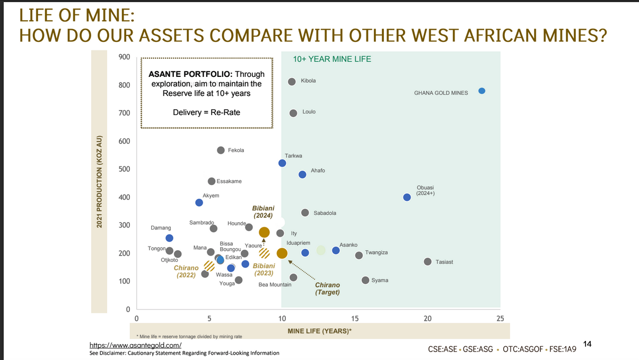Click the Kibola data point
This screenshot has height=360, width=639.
point(292,82)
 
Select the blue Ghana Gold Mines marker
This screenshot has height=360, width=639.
point(482,91)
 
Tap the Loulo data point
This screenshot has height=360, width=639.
point(293,113)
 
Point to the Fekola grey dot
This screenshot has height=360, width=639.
point(221,150)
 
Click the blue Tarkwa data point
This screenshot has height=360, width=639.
point(282,163)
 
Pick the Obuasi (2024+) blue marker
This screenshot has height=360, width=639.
point(407,197)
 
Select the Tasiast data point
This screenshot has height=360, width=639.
point(427,261)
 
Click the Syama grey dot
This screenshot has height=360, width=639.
point(365,280)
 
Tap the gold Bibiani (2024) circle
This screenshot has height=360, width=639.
point(264,232)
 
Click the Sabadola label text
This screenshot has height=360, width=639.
point(325,213)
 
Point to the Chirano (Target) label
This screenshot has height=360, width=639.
point(327,288)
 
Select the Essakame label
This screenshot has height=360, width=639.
point(229,181)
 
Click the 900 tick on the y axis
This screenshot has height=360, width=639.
point(125,57)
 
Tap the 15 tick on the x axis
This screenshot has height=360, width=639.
point(355,318)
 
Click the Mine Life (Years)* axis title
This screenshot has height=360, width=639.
point(320,331)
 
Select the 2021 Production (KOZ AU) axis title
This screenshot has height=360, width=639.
point(99,182)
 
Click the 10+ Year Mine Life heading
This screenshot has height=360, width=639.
point(332,59)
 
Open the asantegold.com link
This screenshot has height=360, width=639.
point(136,345)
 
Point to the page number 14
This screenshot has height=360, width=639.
point(587,344)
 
